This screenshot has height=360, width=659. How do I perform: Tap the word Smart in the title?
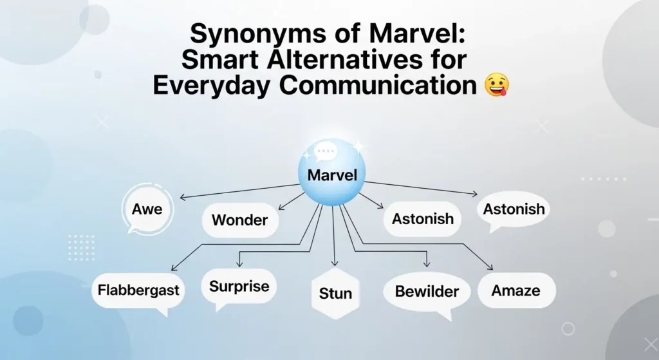coord(216,59)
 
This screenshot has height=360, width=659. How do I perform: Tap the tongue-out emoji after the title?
coord(496,85)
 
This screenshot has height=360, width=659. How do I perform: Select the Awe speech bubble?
coord(147,209)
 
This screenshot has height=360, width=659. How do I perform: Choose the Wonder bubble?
coord(239,220)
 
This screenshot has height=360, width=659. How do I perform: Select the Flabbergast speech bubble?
coord(138,290)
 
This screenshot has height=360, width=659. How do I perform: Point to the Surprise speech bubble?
coord(239,286)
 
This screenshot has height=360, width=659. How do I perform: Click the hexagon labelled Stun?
coord(335,294)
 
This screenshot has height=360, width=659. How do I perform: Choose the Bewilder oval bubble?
coord(427,292)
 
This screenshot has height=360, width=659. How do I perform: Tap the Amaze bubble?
coord(515,291)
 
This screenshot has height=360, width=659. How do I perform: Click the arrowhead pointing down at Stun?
coord(334,263)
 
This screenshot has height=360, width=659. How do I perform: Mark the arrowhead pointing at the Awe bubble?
coord(182,196)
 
